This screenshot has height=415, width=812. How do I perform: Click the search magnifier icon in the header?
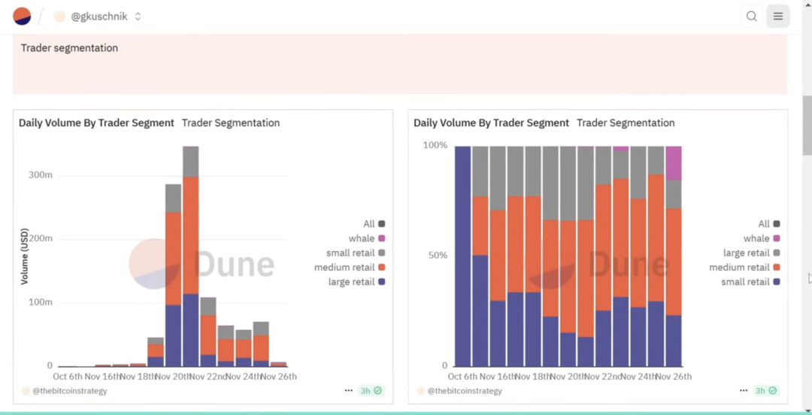[x=751, y=16]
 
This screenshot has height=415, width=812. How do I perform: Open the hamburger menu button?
[x=778, y=16]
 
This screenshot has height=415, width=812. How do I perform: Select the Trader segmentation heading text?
[x=69, y=48]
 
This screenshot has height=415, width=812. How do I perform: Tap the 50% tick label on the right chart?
[x=437, y=256]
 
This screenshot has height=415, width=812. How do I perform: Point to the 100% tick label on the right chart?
[x=435, y=145]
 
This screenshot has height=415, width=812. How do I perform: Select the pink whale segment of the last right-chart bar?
[x=674, y=162]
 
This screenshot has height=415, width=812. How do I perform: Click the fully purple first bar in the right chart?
[x=462, y=256]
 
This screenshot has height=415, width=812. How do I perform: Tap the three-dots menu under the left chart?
[x=349, y=391]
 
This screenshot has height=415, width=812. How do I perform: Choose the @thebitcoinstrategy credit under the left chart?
[x=68, y=391]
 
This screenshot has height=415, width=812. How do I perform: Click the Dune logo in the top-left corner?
[x=22, y=16]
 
